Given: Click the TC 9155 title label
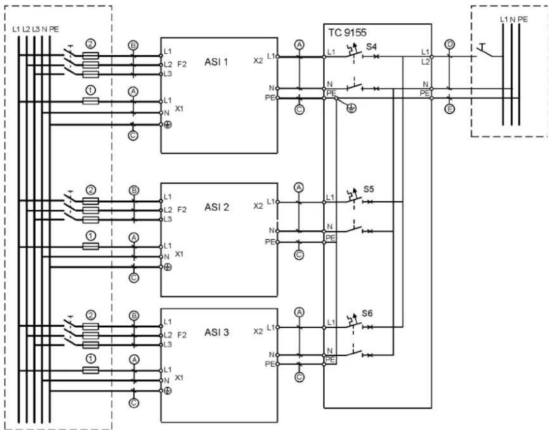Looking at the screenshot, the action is click(x=347, y=32).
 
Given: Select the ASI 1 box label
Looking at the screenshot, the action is click(x=216, y=62).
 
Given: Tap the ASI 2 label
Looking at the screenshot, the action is click(x=217, y=207).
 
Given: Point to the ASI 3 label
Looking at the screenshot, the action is click(x=217, y=332).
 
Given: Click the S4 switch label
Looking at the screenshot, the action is click(x=371, y=47).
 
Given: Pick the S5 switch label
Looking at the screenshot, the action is click(x=369, y=189).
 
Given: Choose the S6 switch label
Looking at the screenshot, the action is click(x=367, y=313).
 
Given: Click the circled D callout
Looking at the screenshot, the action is click(x=449, y=44).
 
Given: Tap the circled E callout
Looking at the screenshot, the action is click(x=450, y=109).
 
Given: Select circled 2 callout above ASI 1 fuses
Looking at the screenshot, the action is click(x=90, y=44).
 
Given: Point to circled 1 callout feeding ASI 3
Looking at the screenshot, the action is click(x=90, y=359).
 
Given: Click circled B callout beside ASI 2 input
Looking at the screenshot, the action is click(x=134, y=191).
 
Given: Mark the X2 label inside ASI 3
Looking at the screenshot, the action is click(x=258, y=332).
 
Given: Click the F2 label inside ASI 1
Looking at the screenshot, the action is click(x=182, y=64).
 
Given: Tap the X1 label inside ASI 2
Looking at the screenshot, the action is click(x=179, y=254).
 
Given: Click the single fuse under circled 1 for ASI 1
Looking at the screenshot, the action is click(x=90, y=101).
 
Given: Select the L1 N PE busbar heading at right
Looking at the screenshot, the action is click(x=514, y=20).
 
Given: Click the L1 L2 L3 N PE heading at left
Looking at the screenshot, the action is click(x=35, y=29).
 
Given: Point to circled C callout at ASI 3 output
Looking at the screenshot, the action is click(x=299, y=377).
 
